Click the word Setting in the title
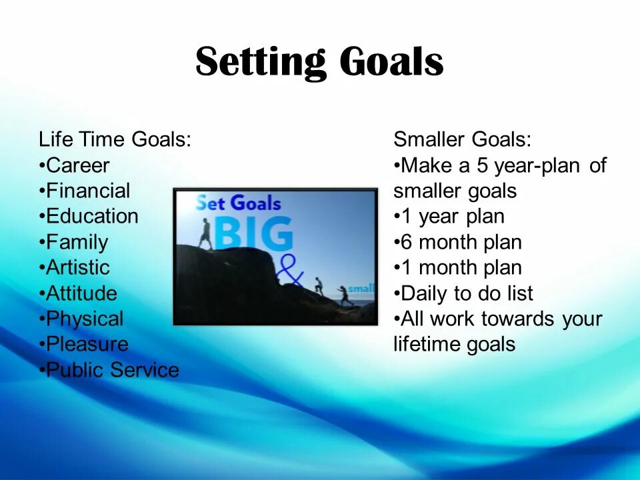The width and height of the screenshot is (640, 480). (x=261, y=61)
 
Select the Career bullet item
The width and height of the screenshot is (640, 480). (x=74, y=165)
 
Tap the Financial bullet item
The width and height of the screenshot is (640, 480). (x=85, y=191)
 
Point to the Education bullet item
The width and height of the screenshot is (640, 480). (x=89, y=216)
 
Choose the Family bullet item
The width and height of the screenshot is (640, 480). (x=74, y=243)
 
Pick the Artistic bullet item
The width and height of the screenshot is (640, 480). (x=75, y=268)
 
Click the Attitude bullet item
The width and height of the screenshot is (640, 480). (x=79, y=293)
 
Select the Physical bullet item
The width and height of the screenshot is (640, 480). (x=81, y=319)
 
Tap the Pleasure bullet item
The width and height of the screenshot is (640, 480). (x=84, y=344)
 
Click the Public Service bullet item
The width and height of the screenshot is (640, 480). (x=109, y=370)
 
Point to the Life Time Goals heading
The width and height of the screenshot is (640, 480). (x=115, y=139)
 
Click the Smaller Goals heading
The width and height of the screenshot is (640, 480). (x=463, y=139)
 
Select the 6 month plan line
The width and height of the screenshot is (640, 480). (x=458, y=243)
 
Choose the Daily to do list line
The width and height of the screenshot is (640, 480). (x=464, y=294)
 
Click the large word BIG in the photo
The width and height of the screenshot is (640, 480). (x=253, y=233)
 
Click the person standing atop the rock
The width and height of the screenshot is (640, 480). (x=205, y=234)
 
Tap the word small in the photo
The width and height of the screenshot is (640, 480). (x=361, y=289)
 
